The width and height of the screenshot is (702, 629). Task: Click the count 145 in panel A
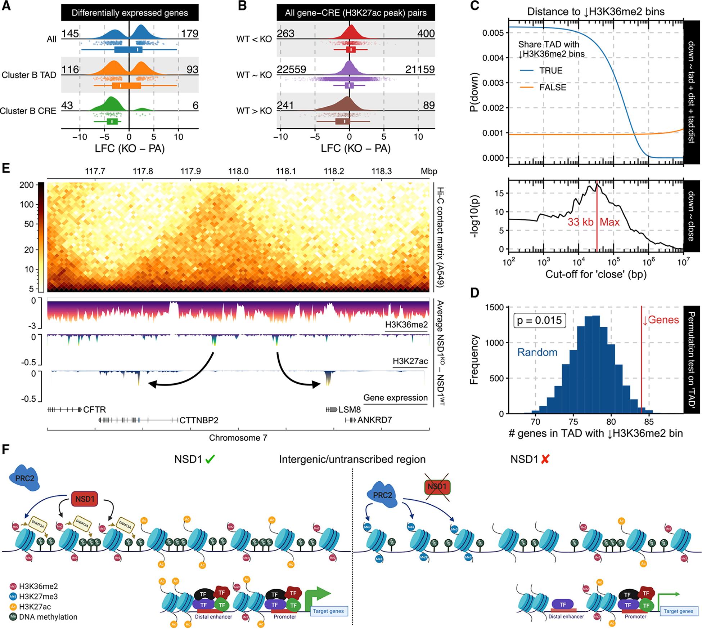[70, 34]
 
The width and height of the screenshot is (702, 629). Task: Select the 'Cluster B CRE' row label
[28, 111]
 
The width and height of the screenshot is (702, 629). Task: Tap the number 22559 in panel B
[292, 69]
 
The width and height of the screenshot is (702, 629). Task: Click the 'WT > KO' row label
[254, 111]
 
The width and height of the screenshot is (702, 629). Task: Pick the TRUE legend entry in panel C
[550, 71]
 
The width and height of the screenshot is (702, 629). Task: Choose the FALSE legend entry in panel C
[552, 88]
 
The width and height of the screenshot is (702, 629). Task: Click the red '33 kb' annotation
[580, 222]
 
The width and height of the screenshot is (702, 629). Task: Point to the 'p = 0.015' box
[539, 320]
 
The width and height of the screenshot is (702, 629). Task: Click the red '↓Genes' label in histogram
[661, 320]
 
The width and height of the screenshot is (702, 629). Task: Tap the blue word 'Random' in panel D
[537, 352]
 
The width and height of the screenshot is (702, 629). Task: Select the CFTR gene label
[94, 410]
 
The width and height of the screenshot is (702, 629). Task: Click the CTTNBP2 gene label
[199, 420]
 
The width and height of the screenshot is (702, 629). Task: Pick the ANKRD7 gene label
[374, 420]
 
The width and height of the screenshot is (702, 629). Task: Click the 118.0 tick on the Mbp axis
[238, 171]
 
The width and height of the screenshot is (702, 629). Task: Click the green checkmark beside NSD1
[210, 459]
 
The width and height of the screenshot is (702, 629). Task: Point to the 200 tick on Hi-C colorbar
[28, 185]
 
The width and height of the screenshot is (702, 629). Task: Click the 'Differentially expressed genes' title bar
[130, 13]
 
